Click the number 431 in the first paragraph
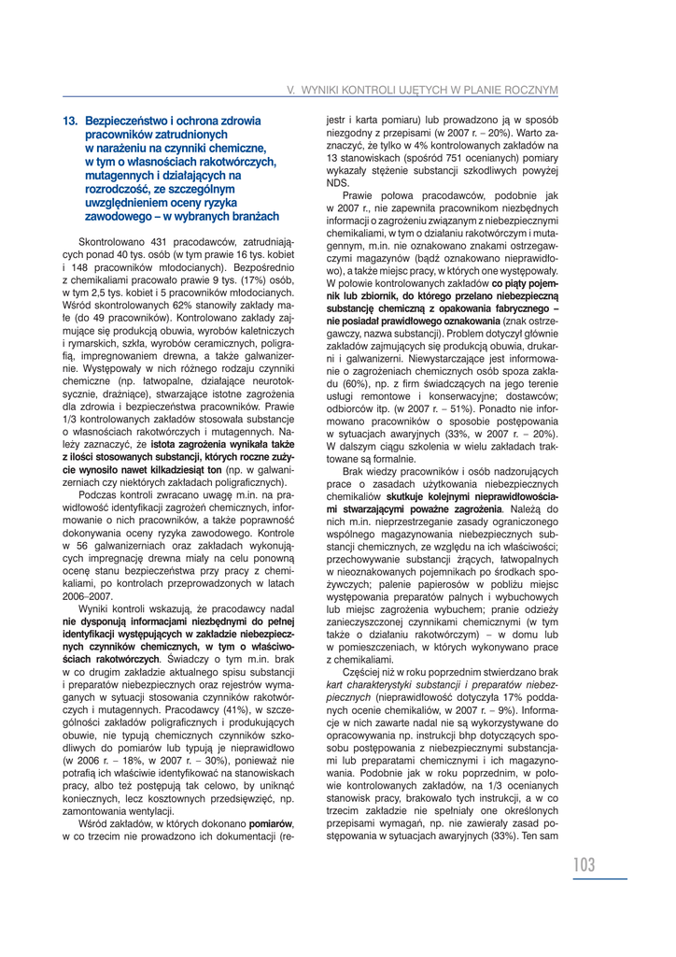148,243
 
